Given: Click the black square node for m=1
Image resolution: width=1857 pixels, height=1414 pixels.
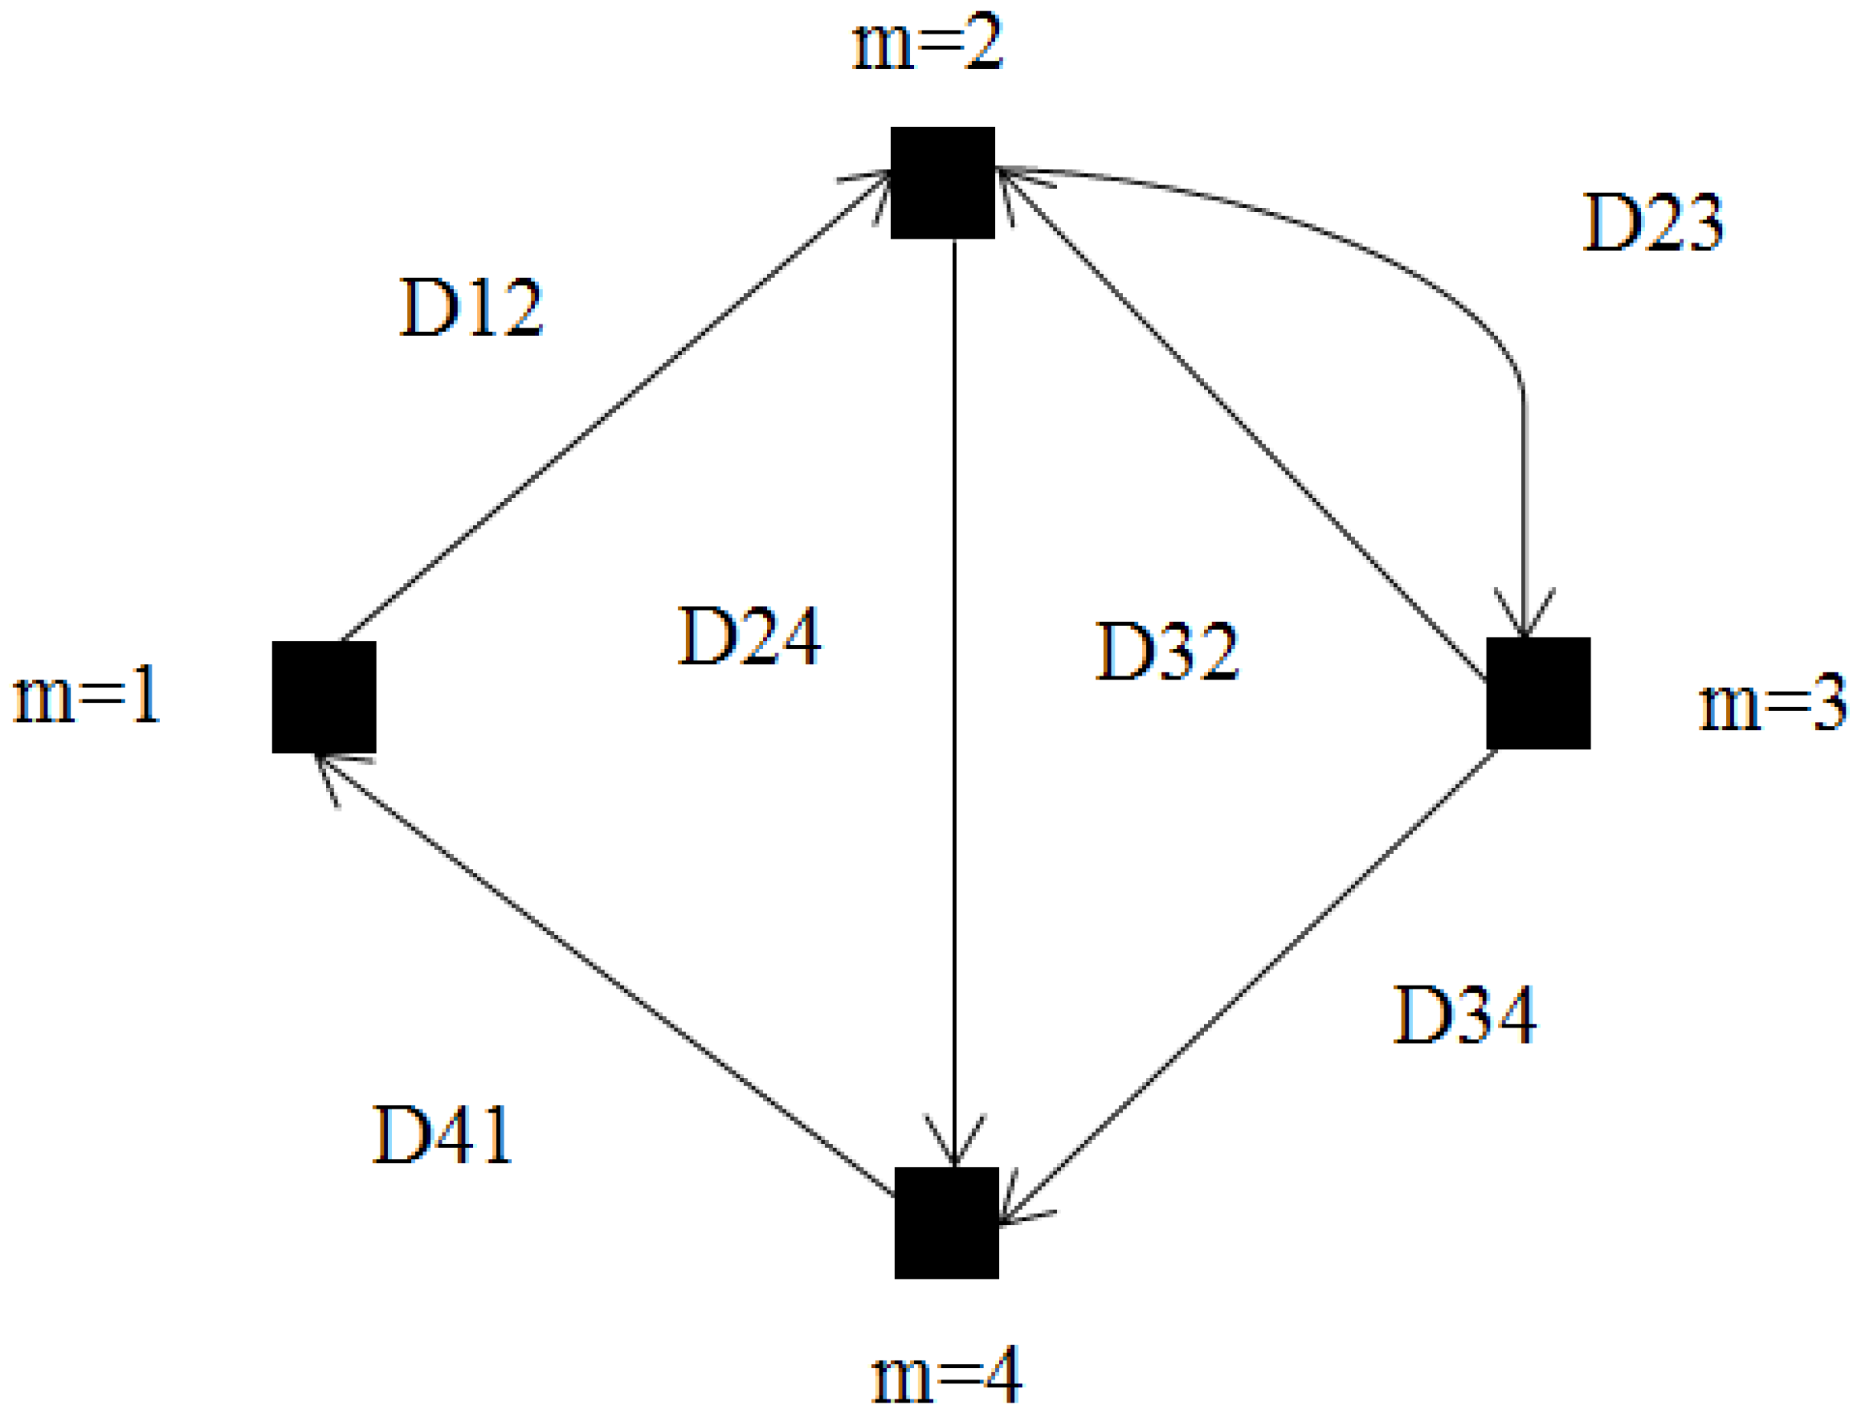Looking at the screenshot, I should pos(323,697).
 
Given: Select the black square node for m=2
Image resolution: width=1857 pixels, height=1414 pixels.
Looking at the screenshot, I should pos(942,183).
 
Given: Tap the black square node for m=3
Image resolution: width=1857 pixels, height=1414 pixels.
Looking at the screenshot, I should pos(1537,692).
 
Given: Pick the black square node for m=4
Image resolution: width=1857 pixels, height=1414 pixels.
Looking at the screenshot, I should pos(945,1222).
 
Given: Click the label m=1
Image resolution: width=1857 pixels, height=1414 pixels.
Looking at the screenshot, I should pos(86,696).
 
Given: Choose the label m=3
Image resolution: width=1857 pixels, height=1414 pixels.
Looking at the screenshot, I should pos(1772,702).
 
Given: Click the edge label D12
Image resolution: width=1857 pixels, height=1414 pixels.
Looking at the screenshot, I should pos(471,308).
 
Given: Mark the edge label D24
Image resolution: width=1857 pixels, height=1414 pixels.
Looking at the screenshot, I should pos(749,637).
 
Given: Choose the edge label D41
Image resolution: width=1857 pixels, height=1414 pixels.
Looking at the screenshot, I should pos(442,1135).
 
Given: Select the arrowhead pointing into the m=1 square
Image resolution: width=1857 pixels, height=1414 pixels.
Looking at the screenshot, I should pos(332,770).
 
